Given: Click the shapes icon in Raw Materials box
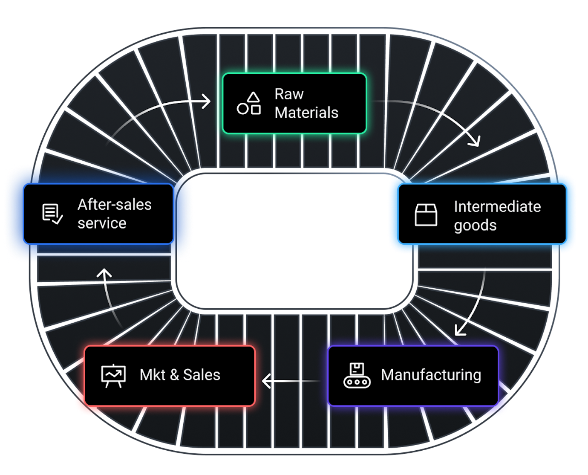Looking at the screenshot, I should tap(249, 104).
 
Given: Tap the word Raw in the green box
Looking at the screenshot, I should tap(289, 94).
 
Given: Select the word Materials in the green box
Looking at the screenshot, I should tap(306, 113).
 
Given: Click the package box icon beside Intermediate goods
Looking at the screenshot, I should tap(426, 214).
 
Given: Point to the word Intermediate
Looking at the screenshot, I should tap(497, 206).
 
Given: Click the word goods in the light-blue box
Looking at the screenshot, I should tap(475, 226).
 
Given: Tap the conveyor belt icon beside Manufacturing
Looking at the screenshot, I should tap(357, 376).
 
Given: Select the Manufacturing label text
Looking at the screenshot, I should tap(431, 375).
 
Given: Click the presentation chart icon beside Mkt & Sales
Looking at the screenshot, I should tap(113, 376).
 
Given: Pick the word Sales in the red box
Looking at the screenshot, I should tap(202, 375).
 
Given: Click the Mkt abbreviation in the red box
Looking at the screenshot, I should tap(153, 375).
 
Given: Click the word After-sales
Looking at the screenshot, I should tap(114, 205).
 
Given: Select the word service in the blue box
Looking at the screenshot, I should tap(102, 223).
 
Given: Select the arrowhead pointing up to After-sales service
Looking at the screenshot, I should tap(104, 273).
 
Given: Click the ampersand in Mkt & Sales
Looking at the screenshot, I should tap(174, 375).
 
